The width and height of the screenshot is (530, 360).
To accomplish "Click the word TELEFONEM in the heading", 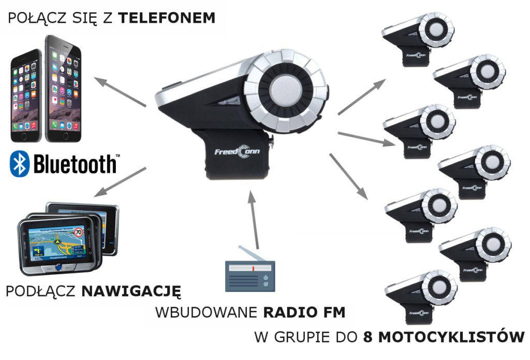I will (166, 19).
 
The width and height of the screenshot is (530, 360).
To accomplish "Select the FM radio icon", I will (250, 275).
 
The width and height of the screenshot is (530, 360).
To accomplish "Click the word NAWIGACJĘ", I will (131, 291).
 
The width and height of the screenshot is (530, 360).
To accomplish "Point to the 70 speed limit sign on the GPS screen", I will (79, 232).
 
